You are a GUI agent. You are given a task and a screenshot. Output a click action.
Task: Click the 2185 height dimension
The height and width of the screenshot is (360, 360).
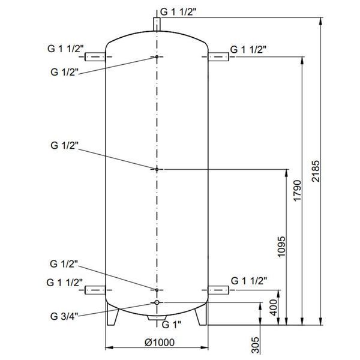click(316, 171)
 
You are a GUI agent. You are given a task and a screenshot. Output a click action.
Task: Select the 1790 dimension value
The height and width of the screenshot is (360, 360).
click(297, 191)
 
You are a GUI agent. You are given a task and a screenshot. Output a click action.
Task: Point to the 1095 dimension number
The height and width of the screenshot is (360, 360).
click(281, 247)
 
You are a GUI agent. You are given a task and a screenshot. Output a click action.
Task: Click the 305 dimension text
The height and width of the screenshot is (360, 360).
click(255, 345)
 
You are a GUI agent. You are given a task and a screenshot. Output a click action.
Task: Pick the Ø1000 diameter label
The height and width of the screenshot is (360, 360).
click(160, 343)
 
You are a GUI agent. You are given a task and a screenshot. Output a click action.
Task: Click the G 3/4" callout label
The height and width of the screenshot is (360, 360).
click(64, 316)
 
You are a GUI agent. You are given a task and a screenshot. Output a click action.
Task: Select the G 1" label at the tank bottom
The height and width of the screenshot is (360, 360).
click(172, 325)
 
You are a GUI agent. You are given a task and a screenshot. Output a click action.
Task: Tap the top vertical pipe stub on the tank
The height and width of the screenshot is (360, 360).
click(157, 24)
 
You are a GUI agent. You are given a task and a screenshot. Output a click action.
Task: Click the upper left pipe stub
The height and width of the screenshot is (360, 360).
click(95, 57)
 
